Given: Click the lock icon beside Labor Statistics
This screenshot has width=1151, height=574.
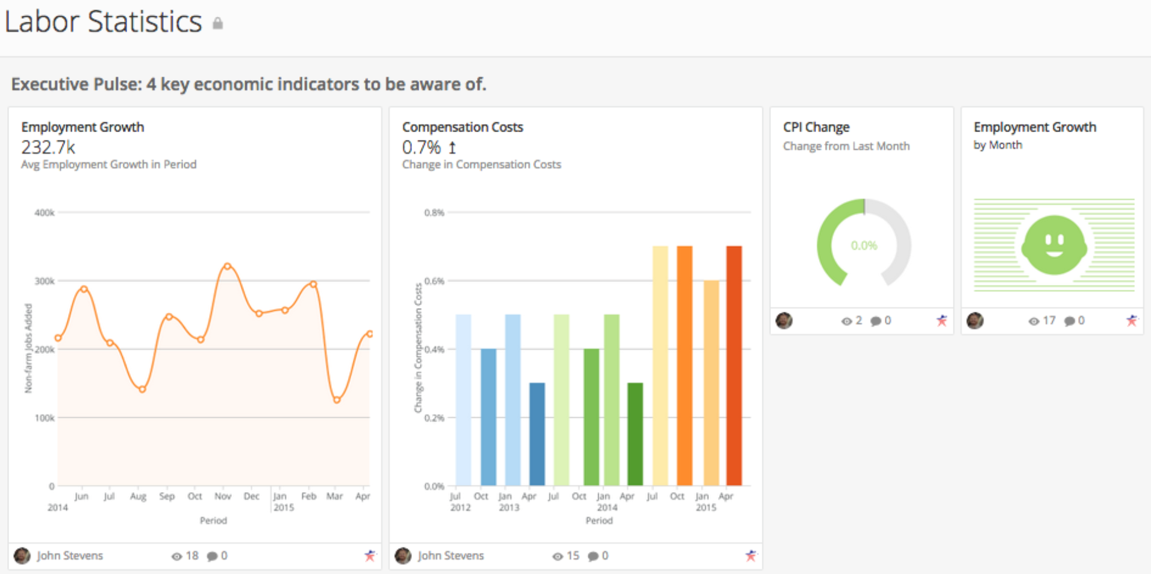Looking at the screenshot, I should click(218, 24).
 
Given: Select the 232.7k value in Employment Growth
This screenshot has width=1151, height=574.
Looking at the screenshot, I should click(48, 147).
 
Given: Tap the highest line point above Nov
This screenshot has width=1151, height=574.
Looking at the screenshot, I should click(227, 266).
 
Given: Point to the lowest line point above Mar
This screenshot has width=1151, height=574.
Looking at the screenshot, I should click(337, 400).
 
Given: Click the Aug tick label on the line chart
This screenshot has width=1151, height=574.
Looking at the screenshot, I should click(138, 496).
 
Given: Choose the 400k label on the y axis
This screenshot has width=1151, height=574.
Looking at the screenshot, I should click(45, 213).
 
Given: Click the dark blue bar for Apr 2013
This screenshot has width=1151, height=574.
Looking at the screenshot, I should click(537, 434).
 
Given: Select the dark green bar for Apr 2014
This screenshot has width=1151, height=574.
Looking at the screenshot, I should click(635, 434).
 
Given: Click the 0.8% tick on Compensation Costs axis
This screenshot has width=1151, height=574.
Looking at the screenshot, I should click(434, 213).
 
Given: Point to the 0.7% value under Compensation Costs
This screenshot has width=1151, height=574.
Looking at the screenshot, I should click(421, 147).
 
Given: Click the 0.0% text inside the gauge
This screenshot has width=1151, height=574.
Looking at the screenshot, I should click(864, 245).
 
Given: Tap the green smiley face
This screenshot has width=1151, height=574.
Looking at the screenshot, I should click(1054, 245).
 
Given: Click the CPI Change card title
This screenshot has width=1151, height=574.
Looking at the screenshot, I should click(816, 127).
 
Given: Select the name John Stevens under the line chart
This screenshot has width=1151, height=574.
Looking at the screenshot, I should click(70, 555).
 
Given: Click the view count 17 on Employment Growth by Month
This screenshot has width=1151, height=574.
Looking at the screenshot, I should click(1049, 321).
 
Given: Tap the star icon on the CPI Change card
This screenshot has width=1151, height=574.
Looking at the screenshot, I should click(941, 321).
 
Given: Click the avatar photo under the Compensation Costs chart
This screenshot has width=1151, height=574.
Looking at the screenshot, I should click(403, 555).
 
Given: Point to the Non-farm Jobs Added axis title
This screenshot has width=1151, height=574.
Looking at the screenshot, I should click(28, 348).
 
